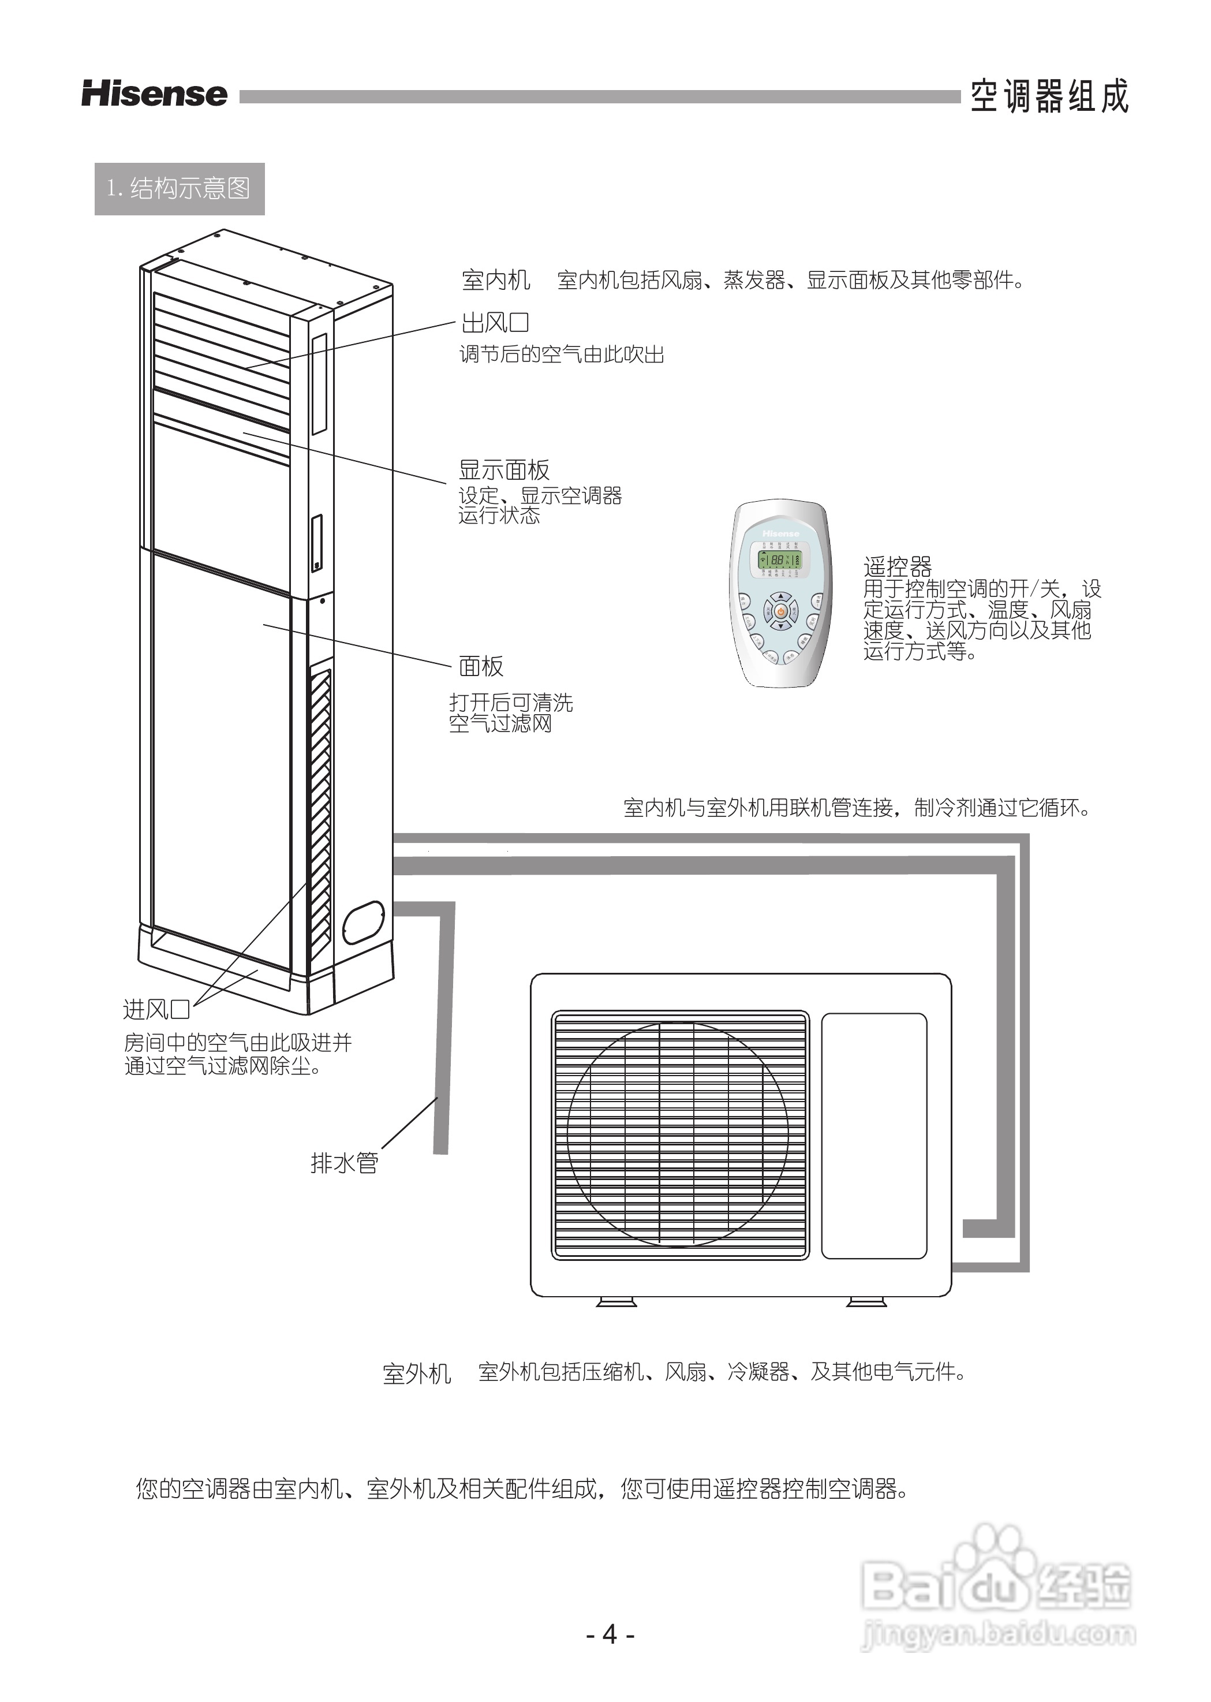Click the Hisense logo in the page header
point(154,94)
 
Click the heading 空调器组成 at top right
point(1049,97)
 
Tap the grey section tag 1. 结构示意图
point(179,189)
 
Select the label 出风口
point(495,323)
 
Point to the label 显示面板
point(504,470)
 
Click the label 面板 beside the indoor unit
point(481,666)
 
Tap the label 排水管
point(345,1162)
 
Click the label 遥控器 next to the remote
point(898,567)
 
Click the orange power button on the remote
point(780,611)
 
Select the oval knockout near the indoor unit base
point(363,922)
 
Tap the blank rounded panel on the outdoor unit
point(874,1135)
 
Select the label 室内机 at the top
point(496,281)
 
